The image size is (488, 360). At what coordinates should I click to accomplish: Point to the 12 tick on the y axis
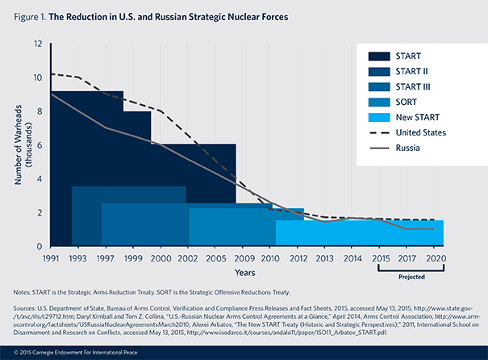[38, 44]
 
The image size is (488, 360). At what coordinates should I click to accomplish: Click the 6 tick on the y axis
[39, 145]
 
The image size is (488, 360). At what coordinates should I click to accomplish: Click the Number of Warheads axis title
[17, 145]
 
